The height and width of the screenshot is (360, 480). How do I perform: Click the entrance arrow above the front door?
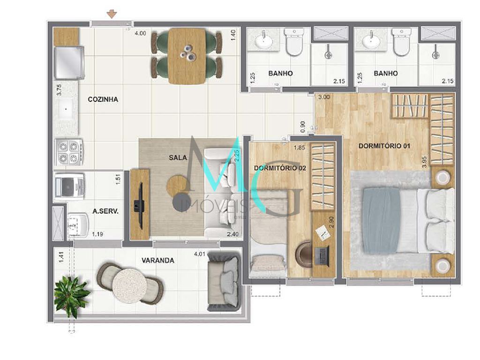pyautogui.click(x=112, y=14)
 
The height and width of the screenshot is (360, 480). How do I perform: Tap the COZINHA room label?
pyautogui.click(x=103, y=99)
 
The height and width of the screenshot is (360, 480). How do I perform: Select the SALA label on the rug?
pyautogui.click(x=178, y=157)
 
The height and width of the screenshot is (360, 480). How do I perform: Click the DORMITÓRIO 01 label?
pyautogui.click(x=384, y=146)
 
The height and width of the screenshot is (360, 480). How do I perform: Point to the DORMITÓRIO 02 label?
pyautogui.click(x=279, y=168)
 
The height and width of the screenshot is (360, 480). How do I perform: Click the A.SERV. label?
pyautogui.click(x=105, y=211)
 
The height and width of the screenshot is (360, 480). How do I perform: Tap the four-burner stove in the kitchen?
pyautogui.click(x=69, y=152)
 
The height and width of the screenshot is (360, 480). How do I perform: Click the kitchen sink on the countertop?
pyautogui.click(x=66, y=110)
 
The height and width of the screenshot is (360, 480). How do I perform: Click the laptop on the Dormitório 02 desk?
pyautogui.click(x=323, y=256)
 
